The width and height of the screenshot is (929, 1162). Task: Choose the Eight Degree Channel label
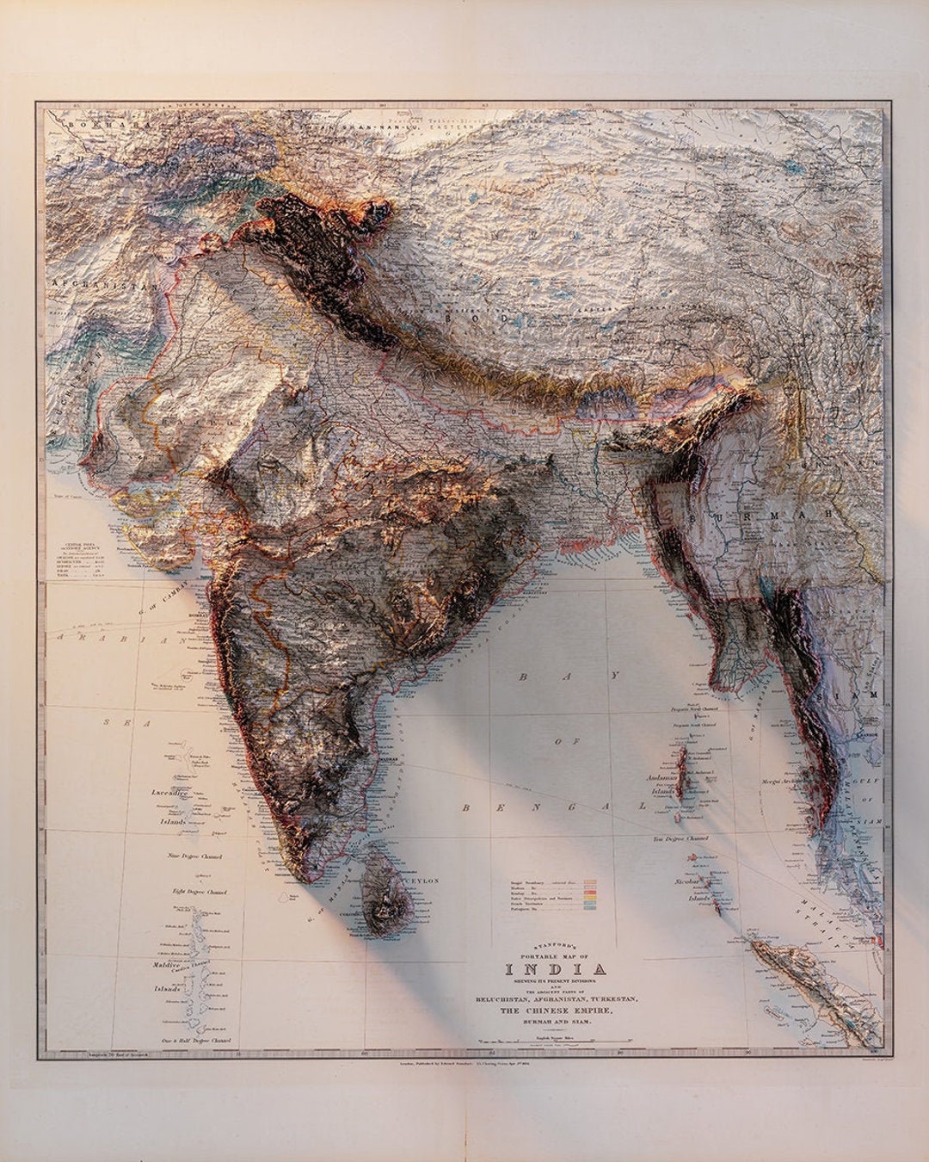pos(203,892)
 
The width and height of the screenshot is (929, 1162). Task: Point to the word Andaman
pos(664,777)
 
